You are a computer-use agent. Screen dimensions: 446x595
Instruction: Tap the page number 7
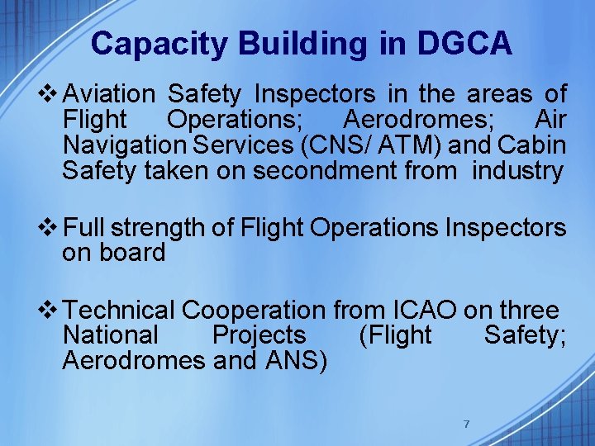466,424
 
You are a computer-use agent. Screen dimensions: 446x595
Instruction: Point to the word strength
163,227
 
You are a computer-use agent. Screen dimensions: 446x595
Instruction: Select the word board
135,252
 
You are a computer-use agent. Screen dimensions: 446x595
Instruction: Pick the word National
110,335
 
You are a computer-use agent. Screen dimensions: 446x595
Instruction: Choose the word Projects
259,335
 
